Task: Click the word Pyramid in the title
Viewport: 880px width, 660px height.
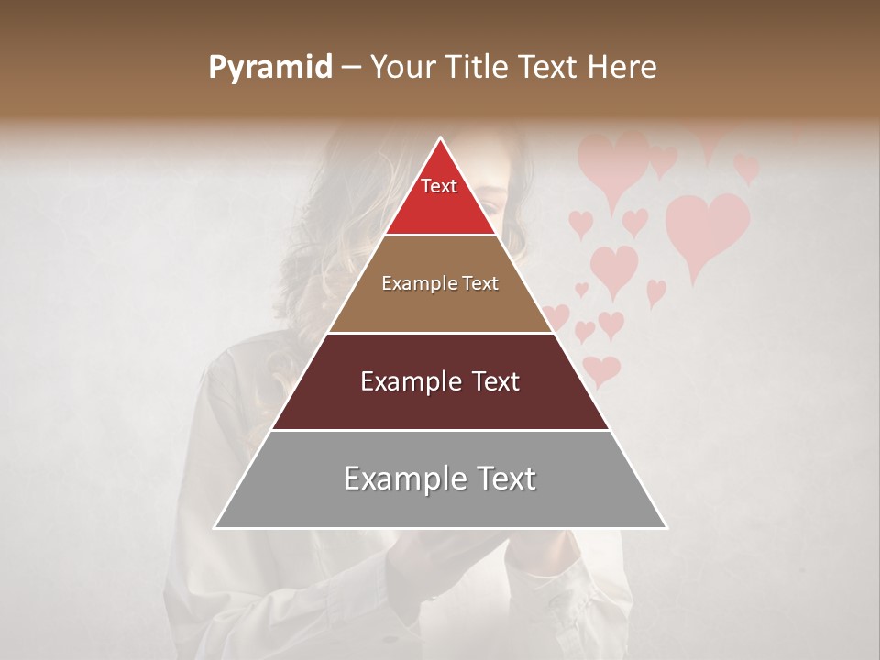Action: coord(269,68)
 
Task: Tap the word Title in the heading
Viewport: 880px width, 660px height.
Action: coord(480,68)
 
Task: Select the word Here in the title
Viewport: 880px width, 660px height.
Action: coord(623,68)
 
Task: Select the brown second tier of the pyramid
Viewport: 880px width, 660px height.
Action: coord(440,307)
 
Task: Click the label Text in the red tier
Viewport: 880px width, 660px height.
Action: coord(439,186)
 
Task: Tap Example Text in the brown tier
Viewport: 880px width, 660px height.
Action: coord(440,283)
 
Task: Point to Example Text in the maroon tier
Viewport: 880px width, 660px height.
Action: coord(440,381)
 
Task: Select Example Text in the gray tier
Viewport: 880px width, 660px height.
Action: coord(440,478)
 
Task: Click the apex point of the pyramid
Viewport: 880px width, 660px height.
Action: coord(440,138)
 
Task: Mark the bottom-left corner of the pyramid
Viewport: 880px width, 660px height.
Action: coord(214,528)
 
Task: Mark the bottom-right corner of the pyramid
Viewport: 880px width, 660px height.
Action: coord(666,528)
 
